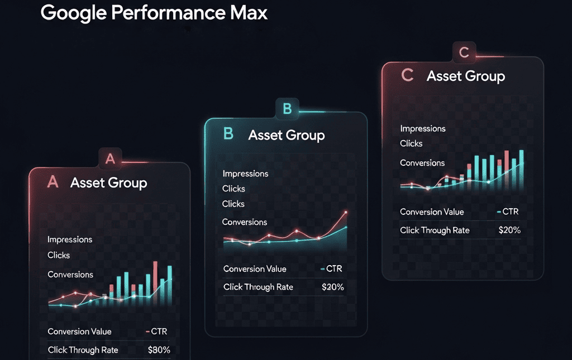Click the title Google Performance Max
pyautogui.click(x=154, y=13)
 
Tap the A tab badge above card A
pyautogui.click(x=110, y=159)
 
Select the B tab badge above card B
pyautogui.click(x=287, y=109)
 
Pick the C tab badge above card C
pyautogui.click(x=464, y=52)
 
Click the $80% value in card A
pyautogui.click(x=159, y=350)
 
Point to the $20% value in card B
pyautogui.click(x=333, y=287)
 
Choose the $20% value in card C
pyautogui.click(x=509, y=230)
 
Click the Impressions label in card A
pyautogui.click(x=70, y=239)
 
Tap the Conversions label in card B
pyautogui.click(x=245, y=222)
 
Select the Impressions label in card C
pyautogui.click(x=423, y=128)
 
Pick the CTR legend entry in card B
pyautogui.click(x=331, y=268)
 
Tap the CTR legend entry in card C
pyautogui.click(x=508, y=212)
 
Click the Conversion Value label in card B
pyautogui.click(x=255, y=268)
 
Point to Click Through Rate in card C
pyautogui.click(x=435, y=230)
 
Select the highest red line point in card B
pyautogui.click(x=346, y=212)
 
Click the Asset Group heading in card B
pyautogui.click(x=287, y=135)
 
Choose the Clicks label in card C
pyautogui.click(x=411, y=143)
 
